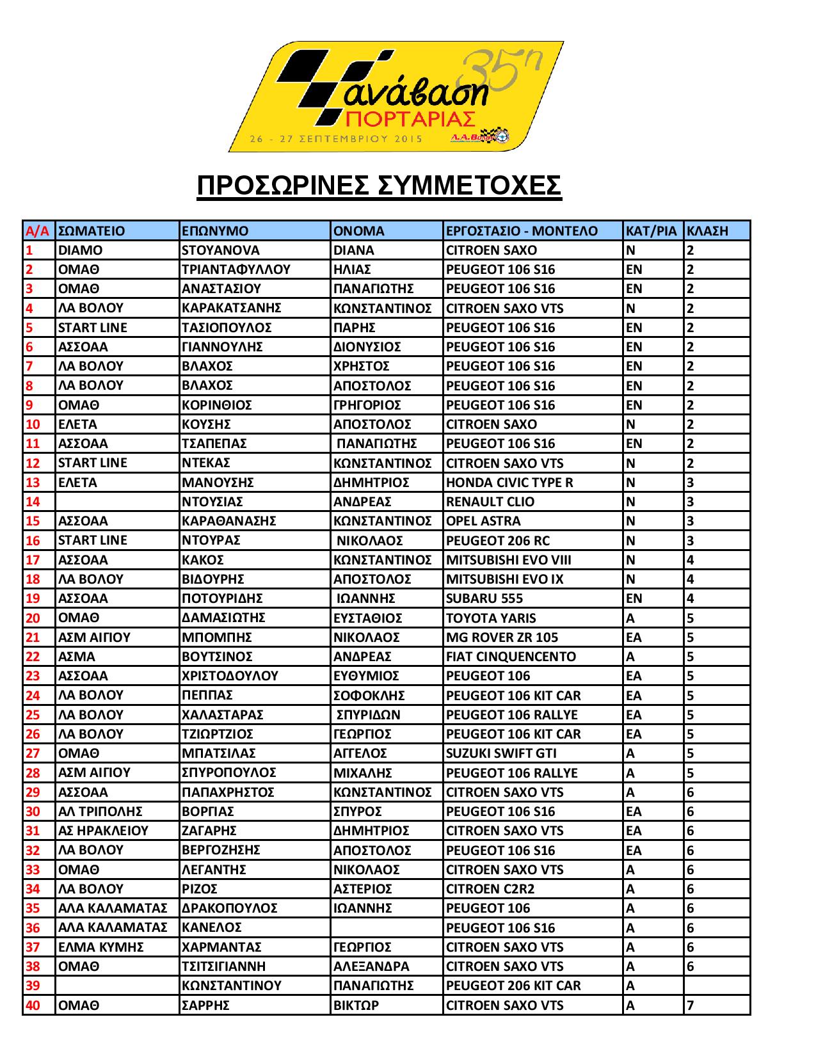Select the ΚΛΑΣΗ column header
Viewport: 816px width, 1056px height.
(707, 231)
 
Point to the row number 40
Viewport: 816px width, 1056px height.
(33, 1005)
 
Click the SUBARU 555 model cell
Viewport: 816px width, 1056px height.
(484, 598)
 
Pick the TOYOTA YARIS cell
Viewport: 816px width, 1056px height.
(491, 618)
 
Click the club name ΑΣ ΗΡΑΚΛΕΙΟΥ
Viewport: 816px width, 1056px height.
(103, 831)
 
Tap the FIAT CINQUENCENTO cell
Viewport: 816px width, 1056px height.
(511, 657)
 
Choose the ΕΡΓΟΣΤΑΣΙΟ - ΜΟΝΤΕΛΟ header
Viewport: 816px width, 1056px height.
(522, 231)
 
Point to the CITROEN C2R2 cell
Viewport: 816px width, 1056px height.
(490, 889)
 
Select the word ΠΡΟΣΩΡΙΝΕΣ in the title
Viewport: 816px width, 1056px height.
(282, 186)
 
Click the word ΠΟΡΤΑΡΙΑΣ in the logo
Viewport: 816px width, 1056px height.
(410, 119)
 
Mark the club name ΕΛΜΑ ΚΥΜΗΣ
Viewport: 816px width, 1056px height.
(100, 947)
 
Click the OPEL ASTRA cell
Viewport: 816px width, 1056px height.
(483, 521)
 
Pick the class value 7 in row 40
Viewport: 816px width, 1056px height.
(690, 1005)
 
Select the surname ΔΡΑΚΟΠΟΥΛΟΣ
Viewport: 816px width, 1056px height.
(230, 908)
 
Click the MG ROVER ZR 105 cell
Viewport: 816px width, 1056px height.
(502, 637)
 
